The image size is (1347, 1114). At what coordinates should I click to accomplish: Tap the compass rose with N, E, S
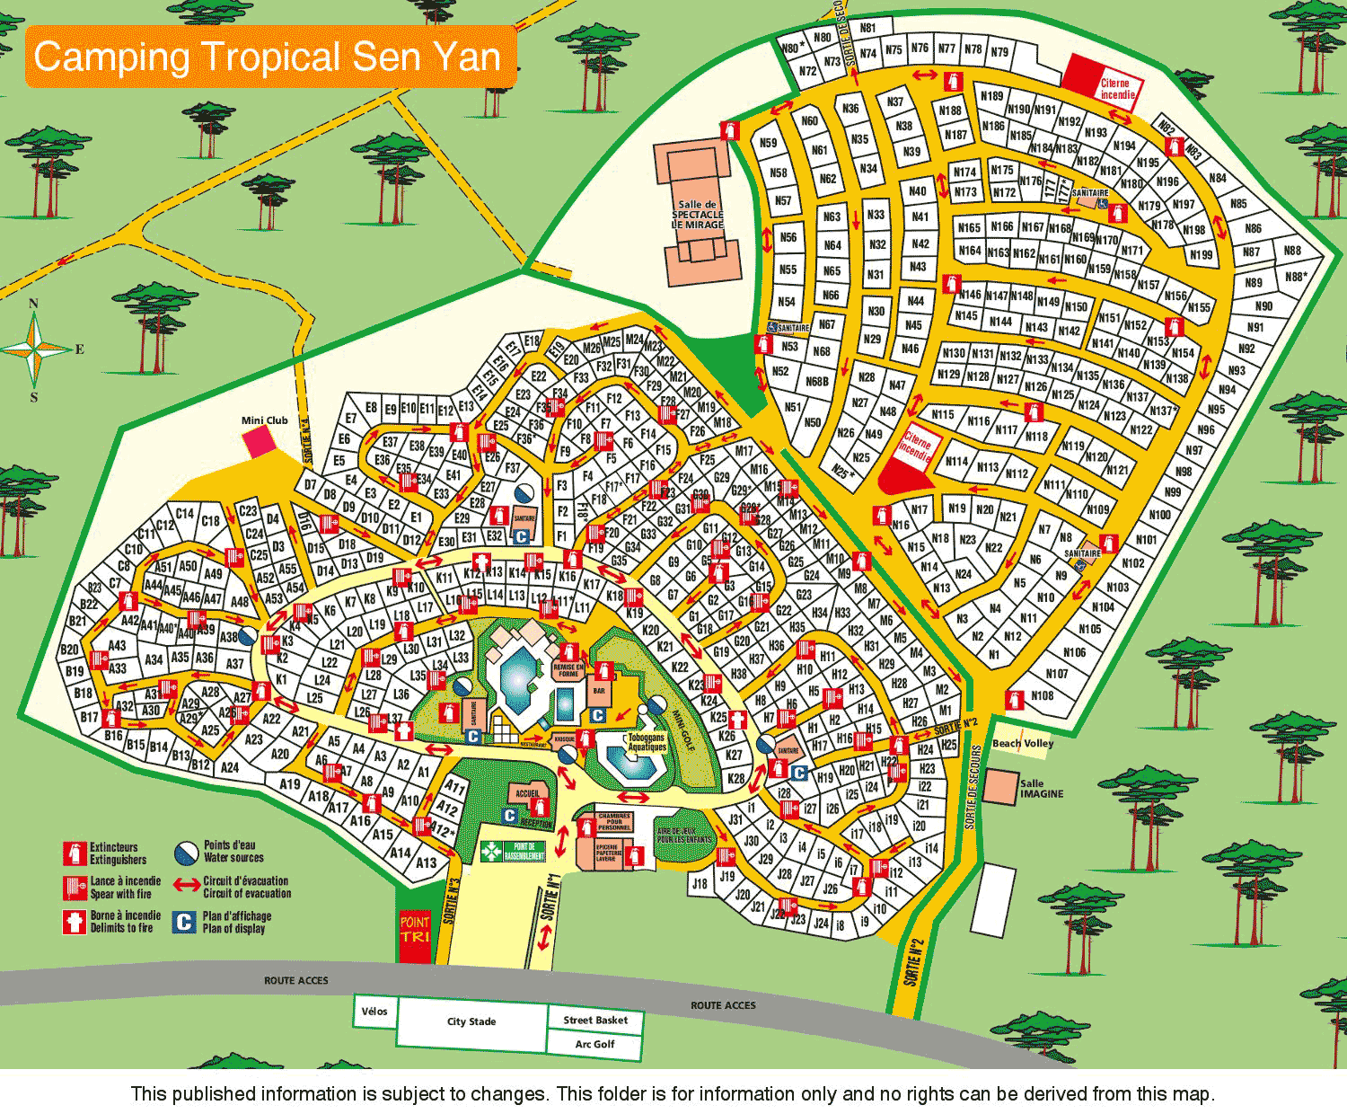tap(35, 349)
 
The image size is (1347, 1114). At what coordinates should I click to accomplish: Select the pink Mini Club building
tap(259, 441)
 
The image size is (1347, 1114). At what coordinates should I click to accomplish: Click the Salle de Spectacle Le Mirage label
tap(698, 215)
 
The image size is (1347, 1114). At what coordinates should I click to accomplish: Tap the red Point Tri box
tap(414, 930)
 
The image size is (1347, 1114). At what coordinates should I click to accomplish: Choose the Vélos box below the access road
tap(374, 1012)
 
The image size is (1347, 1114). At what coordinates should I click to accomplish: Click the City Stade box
tap(471, 1021)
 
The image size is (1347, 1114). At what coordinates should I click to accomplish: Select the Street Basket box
tap(594, 1020)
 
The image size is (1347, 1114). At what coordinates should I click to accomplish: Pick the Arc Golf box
tap(594, 1044)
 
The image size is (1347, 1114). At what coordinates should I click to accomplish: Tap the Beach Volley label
tap(1023, 744)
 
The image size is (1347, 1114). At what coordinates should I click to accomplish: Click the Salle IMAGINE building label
tap(1041, 788)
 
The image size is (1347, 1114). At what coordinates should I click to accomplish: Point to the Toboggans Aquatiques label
tap(647, 742)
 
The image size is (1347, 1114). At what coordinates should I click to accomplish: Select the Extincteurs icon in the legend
tap(74, 853)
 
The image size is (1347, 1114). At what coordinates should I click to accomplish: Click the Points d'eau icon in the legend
tap(186, 852)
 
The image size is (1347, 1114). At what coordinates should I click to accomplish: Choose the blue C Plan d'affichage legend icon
tap(184, 922)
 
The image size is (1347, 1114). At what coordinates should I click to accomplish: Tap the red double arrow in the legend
tap(187, 886)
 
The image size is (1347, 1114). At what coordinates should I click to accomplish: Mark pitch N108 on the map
tap(1042, 695)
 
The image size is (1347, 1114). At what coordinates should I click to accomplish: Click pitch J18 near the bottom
tap(699, 883)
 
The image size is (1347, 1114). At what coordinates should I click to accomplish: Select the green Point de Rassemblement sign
tap(514, 851)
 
